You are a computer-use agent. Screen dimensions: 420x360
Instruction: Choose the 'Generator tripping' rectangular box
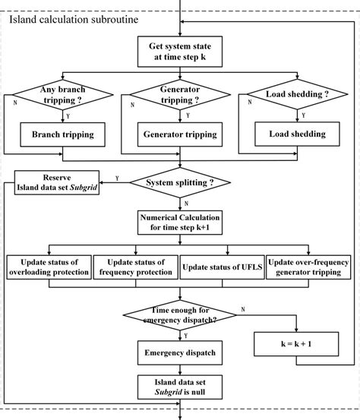coord(180,134)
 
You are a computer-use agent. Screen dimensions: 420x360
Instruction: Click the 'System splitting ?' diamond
coord(180,182)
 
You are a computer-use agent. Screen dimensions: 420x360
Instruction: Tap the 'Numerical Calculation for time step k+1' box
coord(180,221)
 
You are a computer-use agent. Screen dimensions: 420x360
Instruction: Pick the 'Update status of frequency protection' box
coord(135,267)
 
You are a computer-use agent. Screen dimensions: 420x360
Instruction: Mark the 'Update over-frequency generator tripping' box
coord(308,267)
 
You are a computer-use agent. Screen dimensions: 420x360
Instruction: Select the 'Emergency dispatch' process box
coord(180,352)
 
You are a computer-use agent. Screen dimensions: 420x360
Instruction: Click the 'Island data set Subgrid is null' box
coord(180,387)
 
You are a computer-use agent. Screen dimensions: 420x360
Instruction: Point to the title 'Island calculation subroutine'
coord(73,20)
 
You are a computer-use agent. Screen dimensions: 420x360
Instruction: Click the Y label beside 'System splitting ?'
coord(116,178)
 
